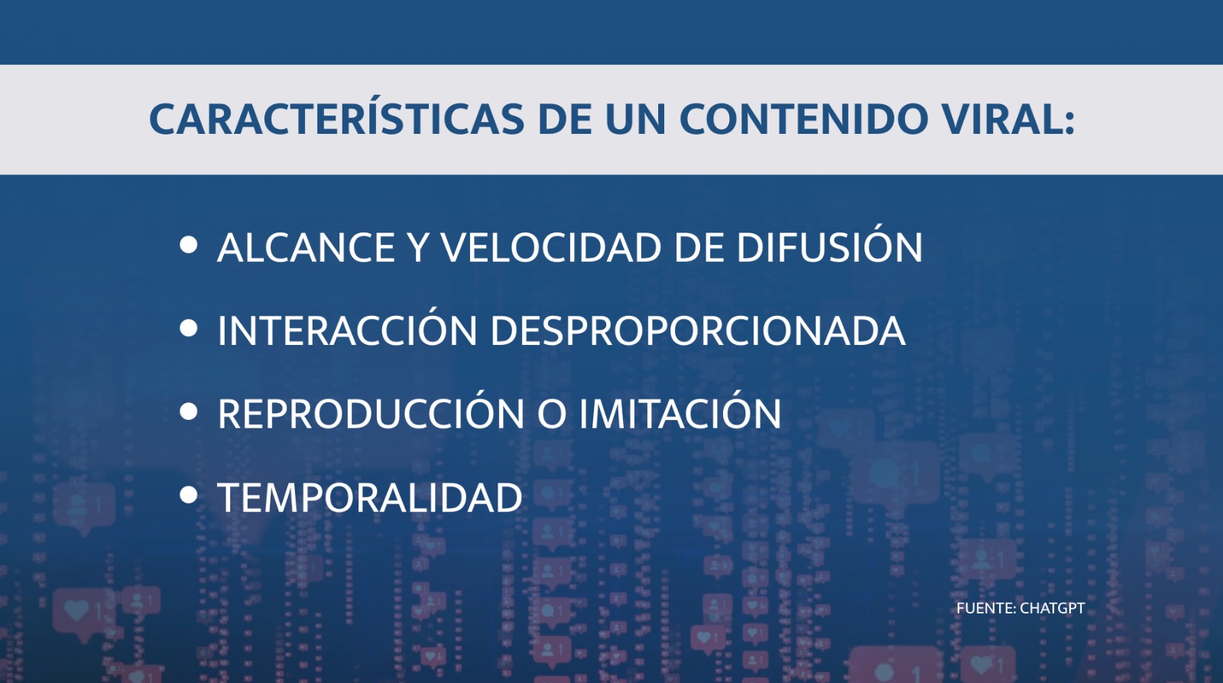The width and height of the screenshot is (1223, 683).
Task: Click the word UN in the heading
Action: click(635, 119)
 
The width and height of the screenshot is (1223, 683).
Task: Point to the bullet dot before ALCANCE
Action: click(188, 245)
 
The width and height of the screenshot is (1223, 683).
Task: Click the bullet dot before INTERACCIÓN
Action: click(188, 328)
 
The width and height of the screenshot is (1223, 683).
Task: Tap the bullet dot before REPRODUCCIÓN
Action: click(188, 411)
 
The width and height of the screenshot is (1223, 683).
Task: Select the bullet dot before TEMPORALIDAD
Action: click(188, 495)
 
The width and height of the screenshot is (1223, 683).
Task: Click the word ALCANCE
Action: click(306, 248)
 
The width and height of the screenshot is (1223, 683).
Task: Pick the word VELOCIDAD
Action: click(551, 248)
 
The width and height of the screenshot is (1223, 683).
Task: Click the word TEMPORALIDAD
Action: click(370, 498)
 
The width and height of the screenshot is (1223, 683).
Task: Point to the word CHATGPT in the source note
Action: click(1052, 608)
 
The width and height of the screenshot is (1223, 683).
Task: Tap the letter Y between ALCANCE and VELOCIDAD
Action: click(417, 248)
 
